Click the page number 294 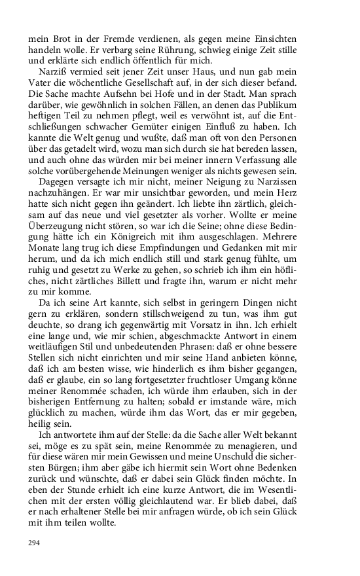tap(34, 543)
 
